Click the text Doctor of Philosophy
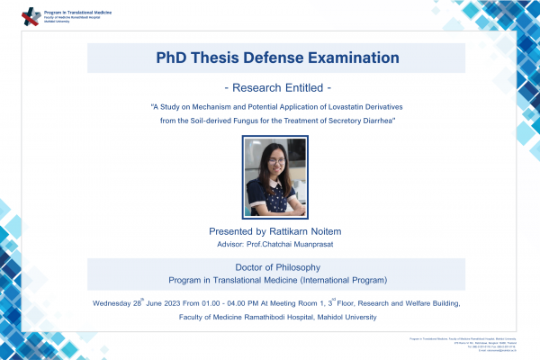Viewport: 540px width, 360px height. coord(275,267)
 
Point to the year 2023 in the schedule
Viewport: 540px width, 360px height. coord(170,304)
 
